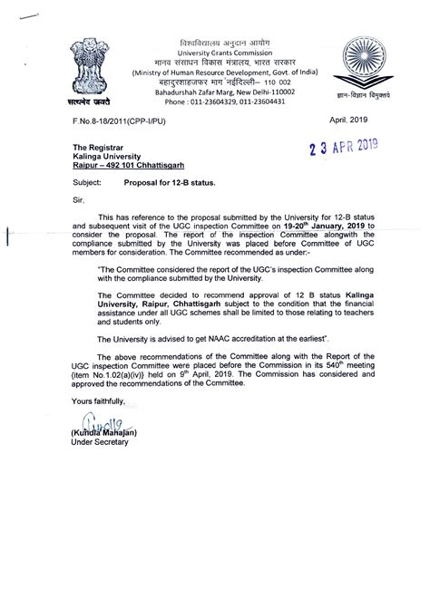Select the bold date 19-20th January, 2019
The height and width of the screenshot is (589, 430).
pos(317,228)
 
